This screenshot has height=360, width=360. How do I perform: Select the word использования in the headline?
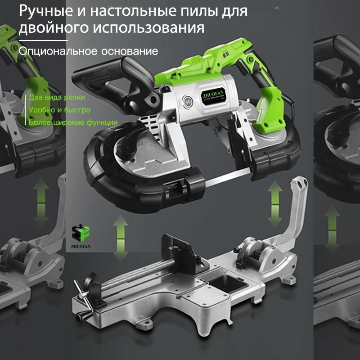click(x=148, y=28)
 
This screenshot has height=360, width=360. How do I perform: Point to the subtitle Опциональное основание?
click(x=88, y=51)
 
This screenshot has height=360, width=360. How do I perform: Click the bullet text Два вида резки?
click(x=57, y=97)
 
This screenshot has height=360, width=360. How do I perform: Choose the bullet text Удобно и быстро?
click(x=59, y=110)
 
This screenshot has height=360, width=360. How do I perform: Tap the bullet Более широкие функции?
click(x=73, y=122)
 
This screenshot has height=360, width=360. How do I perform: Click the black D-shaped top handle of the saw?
click(x=117, y=72)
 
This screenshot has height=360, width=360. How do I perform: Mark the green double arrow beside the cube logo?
click(x=120, y=238)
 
